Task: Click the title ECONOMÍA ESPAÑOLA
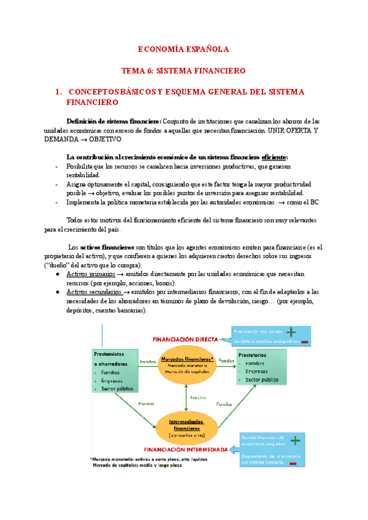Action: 183,48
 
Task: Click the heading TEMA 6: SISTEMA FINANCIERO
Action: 183,71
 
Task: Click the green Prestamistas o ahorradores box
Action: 116,371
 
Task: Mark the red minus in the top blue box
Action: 304,342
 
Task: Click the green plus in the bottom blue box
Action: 296,440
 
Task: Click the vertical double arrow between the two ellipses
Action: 186,396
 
